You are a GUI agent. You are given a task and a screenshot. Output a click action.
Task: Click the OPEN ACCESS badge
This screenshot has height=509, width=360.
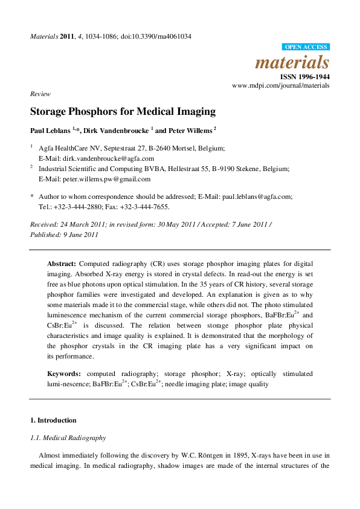[306, 47]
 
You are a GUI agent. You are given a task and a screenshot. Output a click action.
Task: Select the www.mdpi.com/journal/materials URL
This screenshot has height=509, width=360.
[281, 86]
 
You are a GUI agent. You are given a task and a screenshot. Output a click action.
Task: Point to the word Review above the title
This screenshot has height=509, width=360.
[39, 95]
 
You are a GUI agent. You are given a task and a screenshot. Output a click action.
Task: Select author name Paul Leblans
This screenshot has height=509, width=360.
[50, 130]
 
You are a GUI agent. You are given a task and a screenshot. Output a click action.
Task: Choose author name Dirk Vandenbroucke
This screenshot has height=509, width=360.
[114, 130]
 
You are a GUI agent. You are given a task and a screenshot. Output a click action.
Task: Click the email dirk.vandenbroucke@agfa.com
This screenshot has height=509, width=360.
[106, 158]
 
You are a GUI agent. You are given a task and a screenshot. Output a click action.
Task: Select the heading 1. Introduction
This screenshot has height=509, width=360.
[53, 420]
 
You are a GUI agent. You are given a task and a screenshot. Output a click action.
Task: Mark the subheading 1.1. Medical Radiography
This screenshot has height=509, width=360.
[68, 438]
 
